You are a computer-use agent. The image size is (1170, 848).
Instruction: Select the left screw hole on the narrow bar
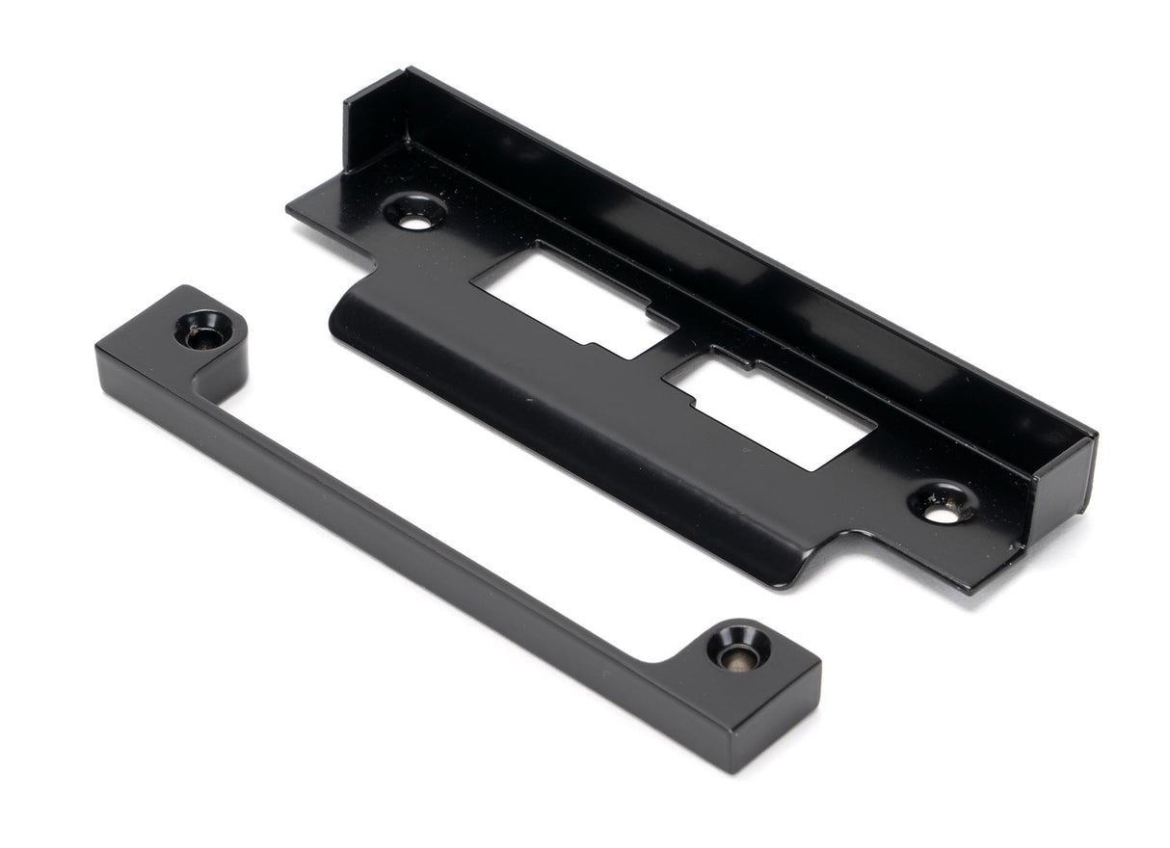[204, 331]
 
